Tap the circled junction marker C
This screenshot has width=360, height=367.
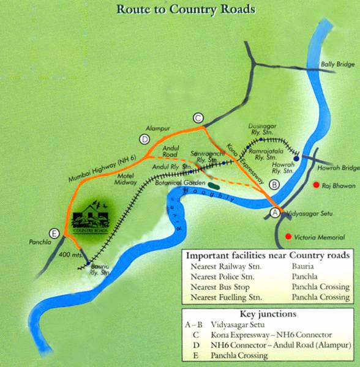pos(197,118)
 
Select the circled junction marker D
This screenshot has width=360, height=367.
pos(144,139)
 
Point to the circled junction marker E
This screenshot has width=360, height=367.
pos(56,233)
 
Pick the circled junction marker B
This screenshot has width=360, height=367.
pos(274,183)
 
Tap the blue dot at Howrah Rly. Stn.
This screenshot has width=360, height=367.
pos(296,158)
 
